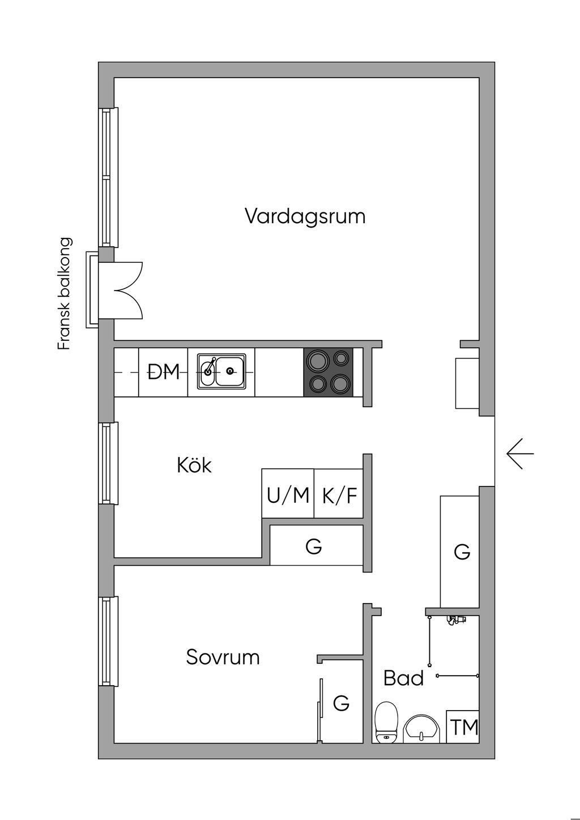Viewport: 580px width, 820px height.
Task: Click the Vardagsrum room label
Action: (305, 216)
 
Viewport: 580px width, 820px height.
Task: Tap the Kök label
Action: (194, 465)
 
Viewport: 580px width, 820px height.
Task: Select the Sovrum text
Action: (223, 657)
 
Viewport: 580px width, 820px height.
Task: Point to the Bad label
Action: (403, 678)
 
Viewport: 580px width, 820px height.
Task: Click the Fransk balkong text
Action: (65, 293)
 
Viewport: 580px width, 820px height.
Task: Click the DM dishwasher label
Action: (163, 372)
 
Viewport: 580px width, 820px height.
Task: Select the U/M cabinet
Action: (288, 494)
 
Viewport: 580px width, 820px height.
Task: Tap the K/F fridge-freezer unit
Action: (339, 494)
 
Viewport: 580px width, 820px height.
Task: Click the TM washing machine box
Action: (463, 727)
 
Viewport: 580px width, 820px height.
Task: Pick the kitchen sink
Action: (221, 371)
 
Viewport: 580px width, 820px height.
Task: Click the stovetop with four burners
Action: (329, 371)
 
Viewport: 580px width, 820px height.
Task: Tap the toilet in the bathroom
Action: (387, 721)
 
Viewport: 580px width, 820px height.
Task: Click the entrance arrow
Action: (520, 454)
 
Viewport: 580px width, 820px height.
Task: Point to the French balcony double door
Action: (121, 291)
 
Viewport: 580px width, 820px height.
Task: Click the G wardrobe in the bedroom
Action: (340, 703)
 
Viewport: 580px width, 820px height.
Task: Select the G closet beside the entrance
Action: (461, 551)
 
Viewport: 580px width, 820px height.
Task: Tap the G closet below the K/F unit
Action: (315, 546)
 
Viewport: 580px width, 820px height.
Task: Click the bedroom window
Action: (108, 641)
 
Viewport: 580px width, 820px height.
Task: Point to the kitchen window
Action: (108, 463)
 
